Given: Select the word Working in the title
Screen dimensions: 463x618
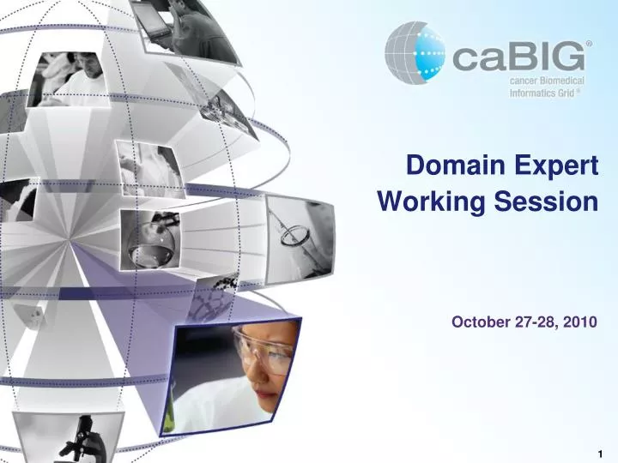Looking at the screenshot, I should coord(425,202).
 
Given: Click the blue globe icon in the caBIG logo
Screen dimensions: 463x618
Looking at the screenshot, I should coord(413,53).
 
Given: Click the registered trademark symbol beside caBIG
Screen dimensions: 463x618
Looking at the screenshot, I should coord(589,42).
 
